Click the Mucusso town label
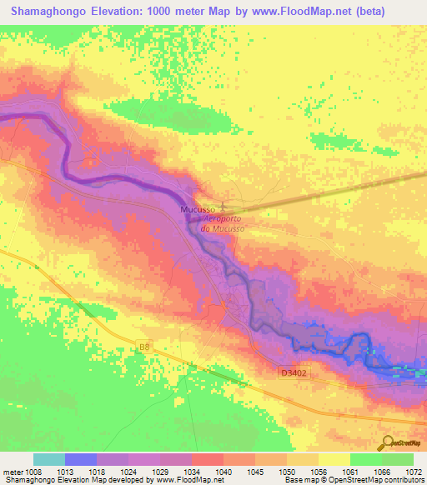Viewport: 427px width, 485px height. pos(198,210)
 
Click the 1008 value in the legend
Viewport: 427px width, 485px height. pos(34,470)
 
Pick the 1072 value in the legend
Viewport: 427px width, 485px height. pos(414,470)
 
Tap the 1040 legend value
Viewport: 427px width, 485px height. pos(223,470)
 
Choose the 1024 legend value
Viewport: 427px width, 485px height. pos(129,470)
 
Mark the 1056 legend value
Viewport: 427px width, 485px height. pos(319,470)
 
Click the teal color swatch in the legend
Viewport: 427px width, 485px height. pos(49,458)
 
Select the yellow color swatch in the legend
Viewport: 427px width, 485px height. pos(334,458)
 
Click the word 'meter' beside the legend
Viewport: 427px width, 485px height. pos(12,470)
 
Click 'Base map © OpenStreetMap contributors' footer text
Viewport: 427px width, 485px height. pos(351,480)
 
